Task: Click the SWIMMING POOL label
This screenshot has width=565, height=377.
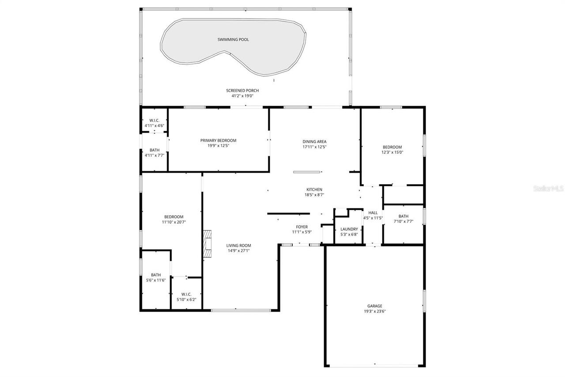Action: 233,40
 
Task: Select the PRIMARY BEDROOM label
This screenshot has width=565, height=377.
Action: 218,141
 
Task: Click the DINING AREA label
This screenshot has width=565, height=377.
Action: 314,141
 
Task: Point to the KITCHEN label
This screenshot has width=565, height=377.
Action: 314,190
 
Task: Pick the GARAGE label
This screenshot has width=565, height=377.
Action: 374,306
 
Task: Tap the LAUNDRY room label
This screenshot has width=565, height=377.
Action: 349,229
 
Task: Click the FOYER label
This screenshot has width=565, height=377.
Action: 301,227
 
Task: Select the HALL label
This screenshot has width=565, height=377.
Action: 373,213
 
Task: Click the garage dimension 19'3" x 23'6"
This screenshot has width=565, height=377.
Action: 374,311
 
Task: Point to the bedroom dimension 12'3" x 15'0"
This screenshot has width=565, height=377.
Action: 392,152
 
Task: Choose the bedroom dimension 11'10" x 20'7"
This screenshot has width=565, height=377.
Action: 170,222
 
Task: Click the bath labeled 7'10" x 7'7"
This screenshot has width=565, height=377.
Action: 403,219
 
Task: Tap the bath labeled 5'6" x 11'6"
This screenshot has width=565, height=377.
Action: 156,277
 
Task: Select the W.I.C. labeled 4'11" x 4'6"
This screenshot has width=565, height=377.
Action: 154,123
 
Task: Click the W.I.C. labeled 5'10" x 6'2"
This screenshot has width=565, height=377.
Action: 186,297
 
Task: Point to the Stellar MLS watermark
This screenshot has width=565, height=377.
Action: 549,188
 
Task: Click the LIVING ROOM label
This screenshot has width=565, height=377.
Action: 238,246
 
